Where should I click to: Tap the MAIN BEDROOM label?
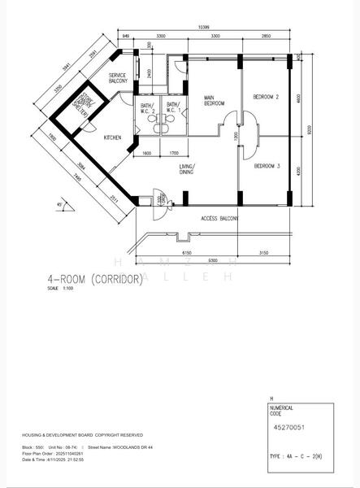214,102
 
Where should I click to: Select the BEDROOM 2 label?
267,97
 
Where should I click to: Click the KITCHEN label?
111,138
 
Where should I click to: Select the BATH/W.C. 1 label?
173,107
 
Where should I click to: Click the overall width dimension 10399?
206,28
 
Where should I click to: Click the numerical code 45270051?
287,425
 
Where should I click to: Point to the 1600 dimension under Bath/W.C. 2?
146,154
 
